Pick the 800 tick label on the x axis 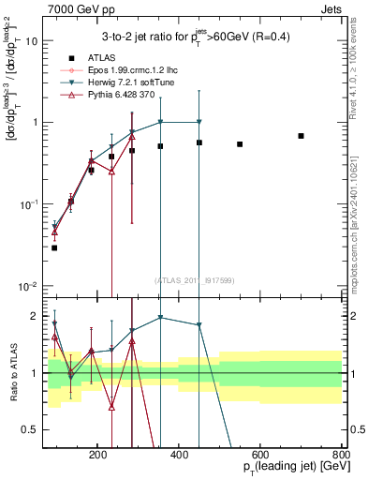[x=342, y=454]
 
